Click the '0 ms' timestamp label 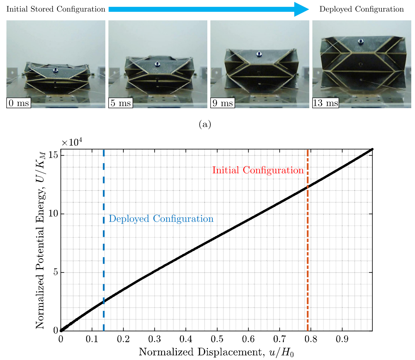19,103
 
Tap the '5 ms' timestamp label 121,103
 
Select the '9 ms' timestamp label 223,103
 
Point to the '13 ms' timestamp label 326,103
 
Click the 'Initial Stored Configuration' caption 56,9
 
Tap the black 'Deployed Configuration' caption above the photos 361,9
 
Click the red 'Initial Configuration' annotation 258,170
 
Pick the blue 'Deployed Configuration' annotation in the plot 161,219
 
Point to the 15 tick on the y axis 55,156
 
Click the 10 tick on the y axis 55,214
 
